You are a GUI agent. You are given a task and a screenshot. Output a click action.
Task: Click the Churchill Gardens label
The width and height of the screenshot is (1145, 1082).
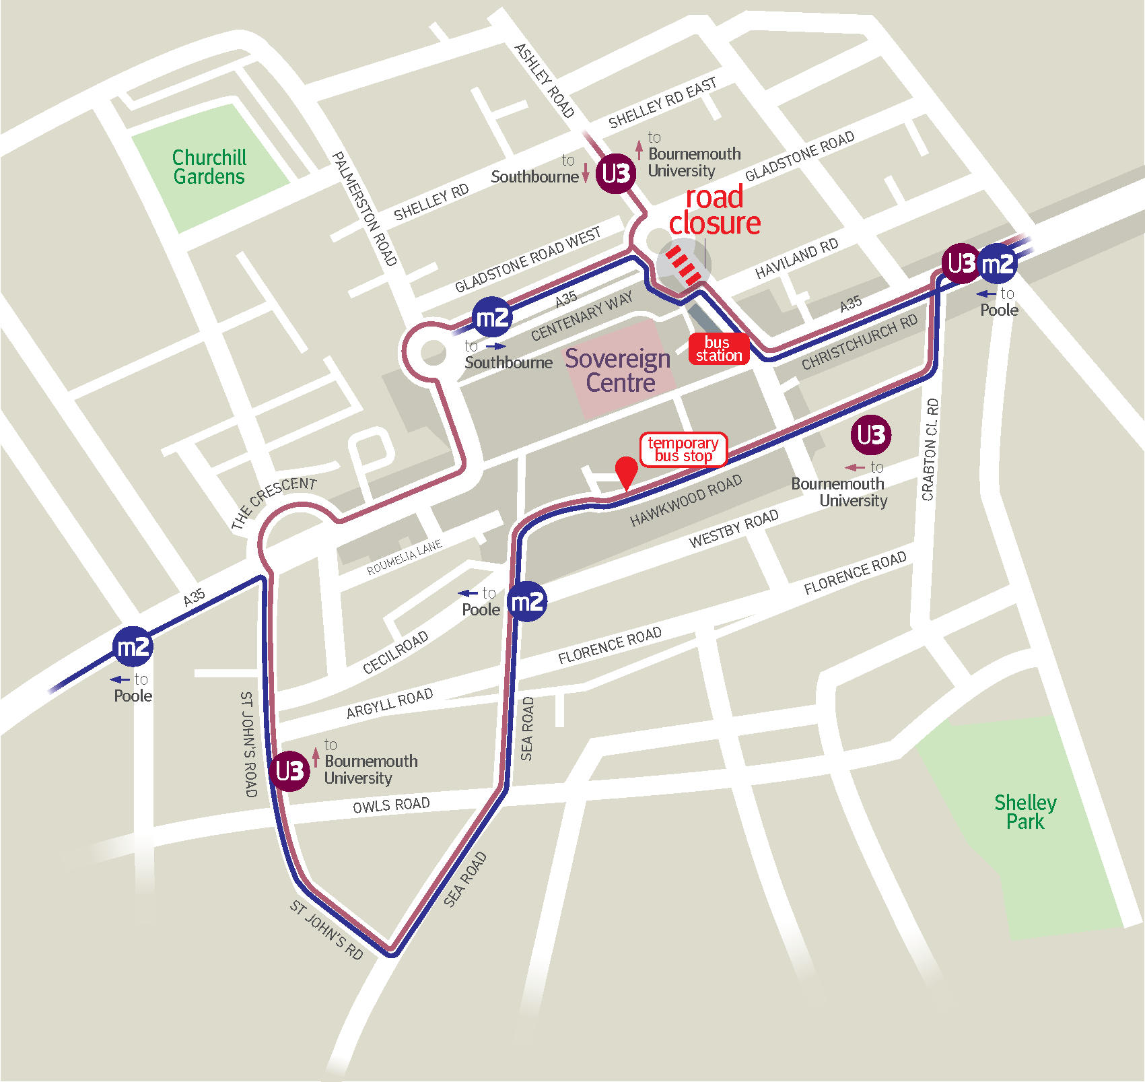point(209,167)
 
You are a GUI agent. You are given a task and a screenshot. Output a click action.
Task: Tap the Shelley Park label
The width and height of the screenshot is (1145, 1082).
point(1025,811)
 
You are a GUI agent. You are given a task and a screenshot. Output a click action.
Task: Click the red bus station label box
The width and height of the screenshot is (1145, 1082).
point(719,349)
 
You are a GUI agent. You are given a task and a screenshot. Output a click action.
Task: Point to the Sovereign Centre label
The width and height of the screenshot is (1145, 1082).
point(618,370)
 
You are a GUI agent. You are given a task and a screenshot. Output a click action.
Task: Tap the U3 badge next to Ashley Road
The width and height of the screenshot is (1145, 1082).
point(616,174)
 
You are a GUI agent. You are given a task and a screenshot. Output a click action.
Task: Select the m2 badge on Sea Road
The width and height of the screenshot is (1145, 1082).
point(526,601)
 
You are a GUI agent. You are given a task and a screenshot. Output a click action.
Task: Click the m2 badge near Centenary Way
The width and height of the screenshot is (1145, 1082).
point(492,317)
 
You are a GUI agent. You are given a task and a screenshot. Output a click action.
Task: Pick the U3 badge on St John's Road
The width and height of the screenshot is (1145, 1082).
point(289,770)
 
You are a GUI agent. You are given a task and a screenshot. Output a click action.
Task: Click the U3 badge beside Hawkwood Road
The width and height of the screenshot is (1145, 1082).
point(870,435)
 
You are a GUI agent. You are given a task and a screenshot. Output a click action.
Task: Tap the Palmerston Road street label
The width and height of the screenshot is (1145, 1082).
point(364,209)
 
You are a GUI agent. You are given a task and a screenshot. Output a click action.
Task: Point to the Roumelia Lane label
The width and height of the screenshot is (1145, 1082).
point(404,557)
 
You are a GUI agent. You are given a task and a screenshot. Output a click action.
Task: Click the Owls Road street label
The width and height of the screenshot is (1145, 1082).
point(391,805)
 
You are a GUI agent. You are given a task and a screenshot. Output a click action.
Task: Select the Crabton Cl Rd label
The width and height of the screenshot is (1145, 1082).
point(930,449)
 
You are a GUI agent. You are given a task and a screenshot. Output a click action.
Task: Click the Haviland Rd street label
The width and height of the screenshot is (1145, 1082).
point(796,258)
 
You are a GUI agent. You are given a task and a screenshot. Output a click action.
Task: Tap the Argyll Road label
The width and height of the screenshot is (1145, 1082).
point(389,703)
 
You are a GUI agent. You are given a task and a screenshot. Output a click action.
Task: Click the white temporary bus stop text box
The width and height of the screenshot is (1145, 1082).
point(683,449)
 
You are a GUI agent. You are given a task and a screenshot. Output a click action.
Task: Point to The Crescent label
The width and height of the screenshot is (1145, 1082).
point(273,502)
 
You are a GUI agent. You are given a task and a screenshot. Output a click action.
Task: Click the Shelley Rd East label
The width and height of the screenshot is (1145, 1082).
point(662,103)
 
